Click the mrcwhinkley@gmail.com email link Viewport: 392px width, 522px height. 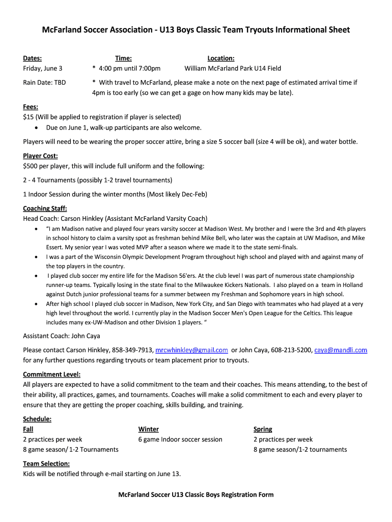191,350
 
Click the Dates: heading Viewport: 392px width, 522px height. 33,59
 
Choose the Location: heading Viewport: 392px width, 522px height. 221,59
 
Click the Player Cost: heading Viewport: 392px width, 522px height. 40,156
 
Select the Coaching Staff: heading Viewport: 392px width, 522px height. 45,208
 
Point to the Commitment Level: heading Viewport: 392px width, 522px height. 52,375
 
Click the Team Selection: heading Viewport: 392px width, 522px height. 46,464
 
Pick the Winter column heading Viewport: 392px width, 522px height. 148,429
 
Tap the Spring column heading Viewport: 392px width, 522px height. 263,429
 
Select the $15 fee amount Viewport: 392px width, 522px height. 28,117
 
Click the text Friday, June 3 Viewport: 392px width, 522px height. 43,68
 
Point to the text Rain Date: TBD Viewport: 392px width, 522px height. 44,83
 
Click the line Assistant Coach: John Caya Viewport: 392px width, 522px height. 62,336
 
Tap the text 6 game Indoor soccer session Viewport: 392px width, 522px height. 180,439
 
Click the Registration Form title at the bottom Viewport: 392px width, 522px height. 196,494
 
